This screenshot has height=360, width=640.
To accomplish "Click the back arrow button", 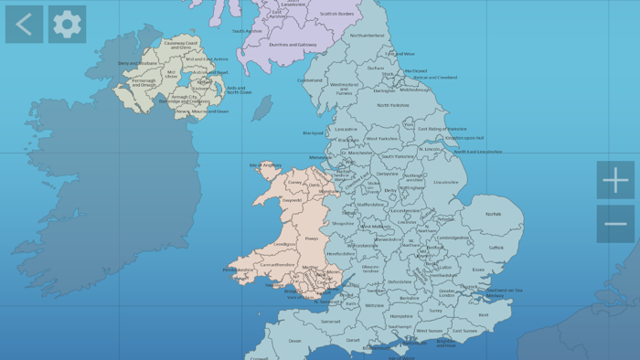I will (x=24, y=25).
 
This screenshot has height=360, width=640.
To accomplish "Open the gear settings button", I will (x=67, y=25).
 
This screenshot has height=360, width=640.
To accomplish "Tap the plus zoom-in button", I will (x=615, y=180).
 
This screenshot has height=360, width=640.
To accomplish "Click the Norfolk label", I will (x=493, y=214).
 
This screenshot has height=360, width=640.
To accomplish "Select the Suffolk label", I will (x=496, y=247).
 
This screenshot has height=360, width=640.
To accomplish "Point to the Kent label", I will (x=484, y=315).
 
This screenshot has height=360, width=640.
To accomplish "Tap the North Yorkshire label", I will (x=393, y=105).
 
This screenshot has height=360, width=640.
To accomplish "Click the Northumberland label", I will (x=368, y=36).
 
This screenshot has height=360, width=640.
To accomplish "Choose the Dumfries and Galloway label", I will (x=293, y=44).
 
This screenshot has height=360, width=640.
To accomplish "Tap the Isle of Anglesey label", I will (x=266, y=165).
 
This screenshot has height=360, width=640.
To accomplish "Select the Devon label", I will (x=294, y=341).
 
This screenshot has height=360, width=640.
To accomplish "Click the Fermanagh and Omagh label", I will (x=144, y=82).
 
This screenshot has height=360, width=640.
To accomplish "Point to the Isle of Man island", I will (x=262, y=109).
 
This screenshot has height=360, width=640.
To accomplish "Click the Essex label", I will (x=478, y=270).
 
